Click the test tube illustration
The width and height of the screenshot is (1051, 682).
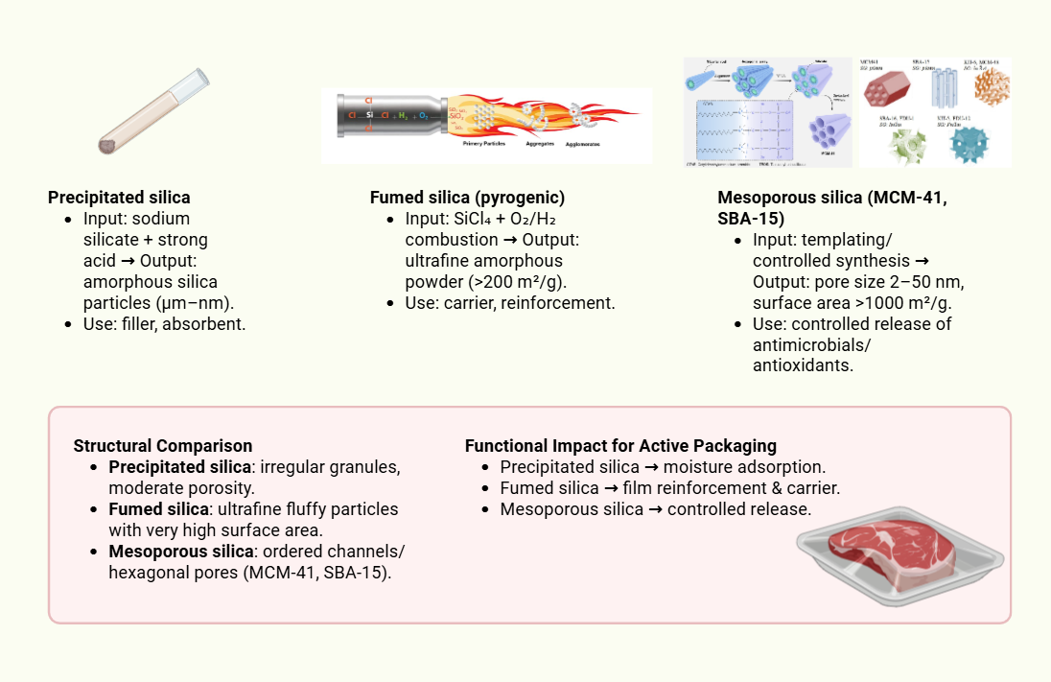tap(153, 111)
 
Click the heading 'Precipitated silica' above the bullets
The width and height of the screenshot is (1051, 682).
tap(119, 198)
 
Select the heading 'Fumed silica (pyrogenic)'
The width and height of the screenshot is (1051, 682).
tap(467, 198)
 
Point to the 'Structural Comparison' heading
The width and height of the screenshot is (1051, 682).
tap(163, 446)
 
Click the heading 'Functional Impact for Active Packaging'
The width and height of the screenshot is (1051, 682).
tap(620, 446)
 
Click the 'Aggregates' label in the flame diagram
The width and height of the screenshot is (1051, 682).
tap(543, 144)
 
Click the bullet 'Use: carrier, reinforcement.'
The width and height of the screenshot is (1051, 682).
tap(509, 303)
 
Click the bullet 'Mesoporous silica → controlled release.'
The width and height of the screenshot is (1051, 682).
tap(656, 509)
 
